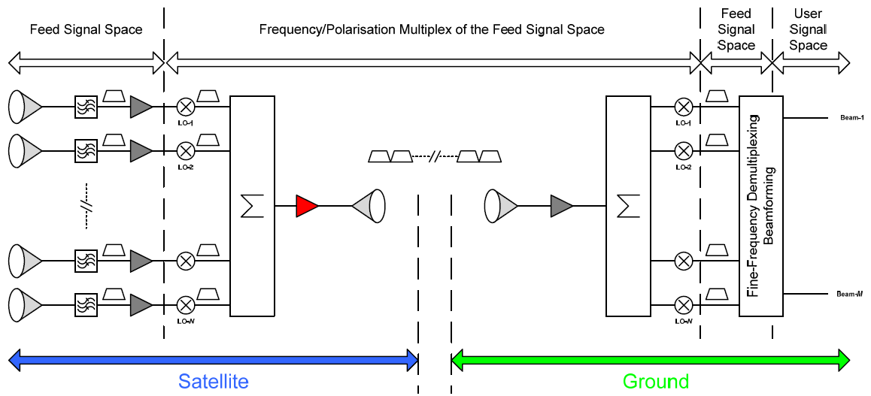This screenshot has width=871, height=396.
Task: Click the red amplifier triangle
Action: click(306, 206)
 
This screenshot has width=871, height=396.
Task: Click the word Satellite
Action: click(214, 381)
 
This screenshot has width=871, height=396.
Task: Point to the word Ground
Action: click(656, 381)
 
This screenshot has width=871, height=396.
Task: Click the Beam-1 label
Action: click(851, 118)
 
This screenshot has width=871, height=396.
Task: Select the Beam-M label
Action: click(849, 293)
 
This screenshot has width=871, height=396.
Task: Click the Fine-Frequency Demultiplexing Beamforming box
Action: click(760, 205)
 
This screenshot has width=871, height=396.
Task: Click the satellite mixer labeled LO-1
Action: click(185, 107)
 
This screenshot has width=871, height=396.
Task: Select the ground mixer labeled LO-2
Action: click(684, 150)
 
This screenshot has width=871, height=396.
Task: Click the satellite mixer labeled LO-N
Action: click(185, 305)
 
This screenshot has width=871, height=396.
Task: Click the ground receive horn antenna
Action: click(499, 205)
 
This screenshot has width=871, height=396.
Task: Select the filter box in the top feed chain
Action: click(86, 107)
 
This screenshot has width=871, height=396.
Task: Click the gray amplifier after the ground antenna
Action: click(561, 205)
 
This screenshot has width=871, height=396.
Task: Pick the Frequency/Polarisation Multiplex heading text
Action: click(432, 30)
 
